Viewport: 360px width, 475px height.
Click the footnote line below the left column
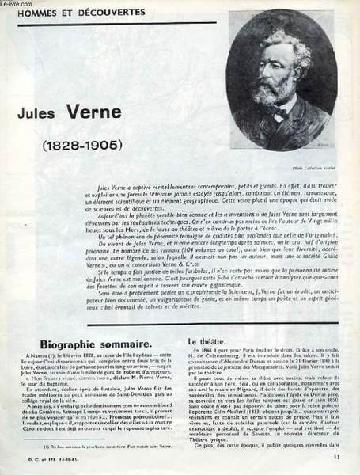pos(87,448)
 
